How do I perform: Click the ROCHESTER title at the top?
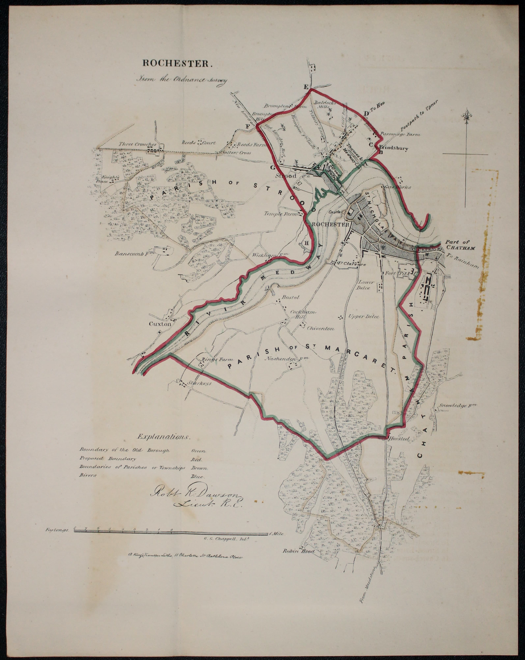click(x=177, y=63)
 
